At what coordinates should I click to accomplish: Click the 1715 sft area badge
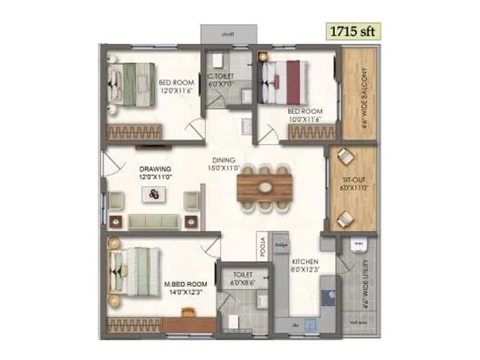[353, 31]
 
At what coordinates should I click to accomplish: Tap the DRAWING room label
[155, 169]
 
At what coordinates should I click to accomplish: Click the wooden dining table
[265, 187]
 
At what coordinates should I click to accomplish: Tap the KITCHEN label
[305, 262]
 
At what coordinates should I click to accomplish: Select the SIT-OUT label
[352, 179]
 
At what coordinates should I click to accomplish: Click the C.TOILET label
[221, 76]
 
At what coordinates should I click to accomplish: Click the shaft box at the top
[228, 34]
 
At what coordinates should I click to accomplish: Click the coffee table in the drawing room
[155, 194]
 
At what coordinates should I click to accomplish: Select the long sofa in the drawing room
[154, 221]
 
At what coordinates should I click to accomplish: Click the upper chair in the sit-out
[345, 155]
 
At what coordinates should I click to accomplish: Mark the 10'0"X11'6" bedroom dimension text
[305, 119]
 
